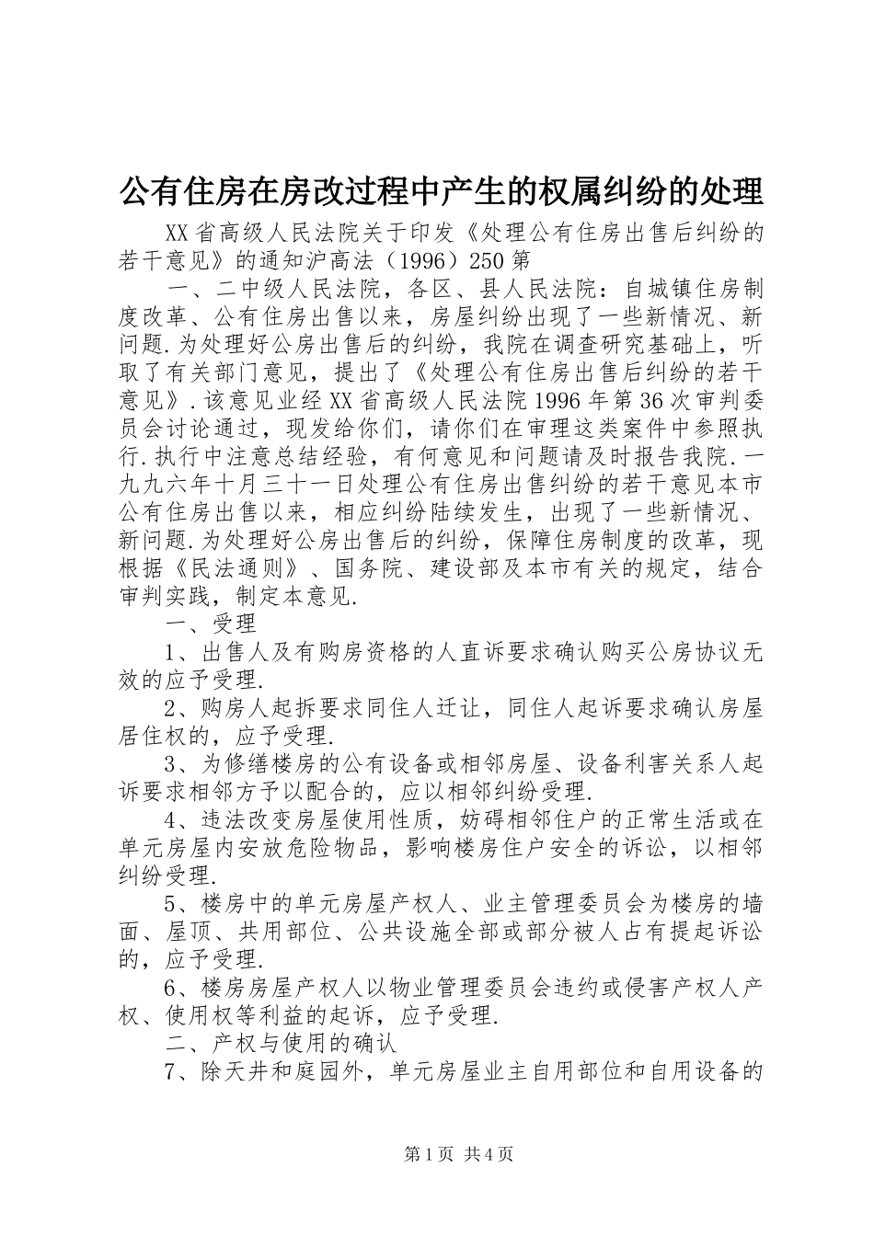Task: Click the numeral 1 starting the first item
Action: tap(171, 652)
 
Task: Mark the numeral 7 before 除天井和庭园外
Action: tap(171, 1070)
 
